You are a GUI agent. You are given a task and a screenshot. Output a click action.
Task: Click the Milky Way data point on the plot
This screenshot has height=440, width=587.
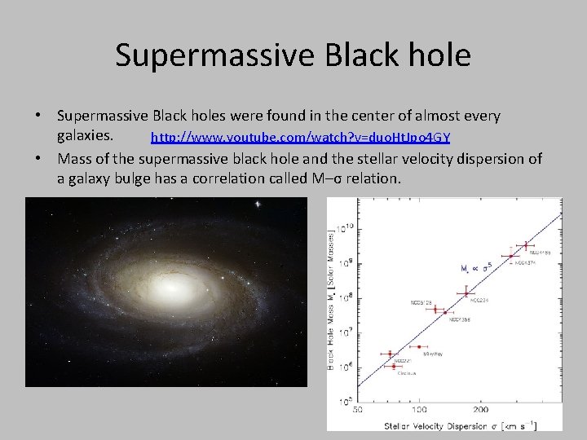point(419,347)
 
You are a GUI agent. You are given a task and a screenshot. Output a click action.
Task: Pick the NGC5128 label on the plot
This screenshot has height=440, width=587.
point(424,302)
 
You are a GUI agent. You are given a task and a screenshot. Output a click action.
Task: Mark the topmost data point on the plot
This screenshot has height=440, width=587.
point(526,244)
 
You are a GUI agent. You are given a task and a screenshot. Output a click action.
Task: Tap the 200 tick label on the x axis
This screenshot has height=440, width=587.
point(480,409)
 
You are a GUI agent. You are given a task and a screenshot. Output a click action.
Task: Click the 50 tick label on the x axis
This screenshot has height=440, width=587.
point(360,409)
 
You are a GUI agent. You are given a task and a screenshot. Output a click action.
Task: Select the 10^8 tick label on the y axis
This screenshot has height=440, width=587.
point(345,298)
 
